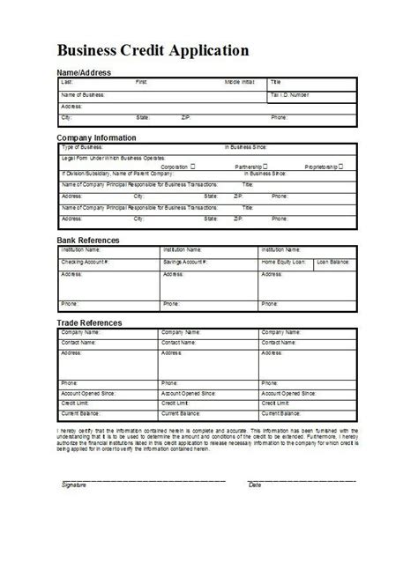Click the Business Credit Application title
153,50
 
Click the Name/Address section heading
85,71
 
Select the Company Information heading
96,137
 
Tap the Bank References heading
88,240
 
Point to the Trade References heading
90,323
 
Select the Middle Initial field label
239,81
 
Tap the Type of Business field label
82,147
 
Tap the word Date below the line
255,485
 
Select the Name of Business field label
83,93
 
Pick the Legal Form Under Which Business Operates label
106,157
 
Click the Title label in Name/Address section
275,81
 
